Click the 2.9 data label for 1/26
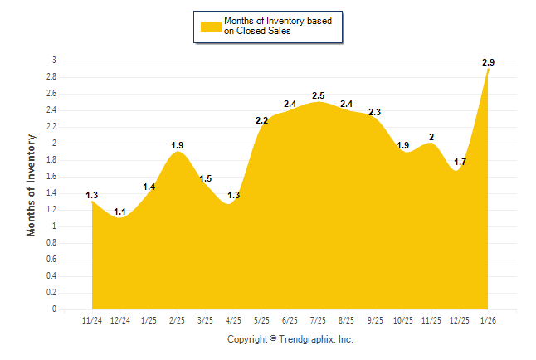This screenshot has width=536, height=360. (489, 63)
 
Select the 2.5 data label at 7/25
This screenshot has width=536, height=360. (318, 96)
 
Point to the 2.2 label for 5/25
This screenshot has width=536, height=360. (261, 121)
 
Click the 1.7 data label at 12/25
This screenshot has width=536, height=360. (460, 162)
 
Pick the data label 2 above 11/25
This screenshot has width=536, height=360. (431, 137)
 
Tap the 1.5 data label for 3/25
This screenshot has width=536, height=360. (206, 178)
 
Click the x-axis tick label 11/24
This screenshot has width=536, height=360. (92, 320)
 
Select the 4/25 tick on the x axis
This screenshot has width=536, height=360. (234, 320)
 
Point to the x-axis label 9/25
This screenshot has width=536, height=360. (375, 320)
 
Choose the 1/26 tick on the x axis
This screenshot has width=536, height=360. (489, 320)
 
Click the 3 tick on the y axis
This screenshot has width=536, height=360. (54, 61)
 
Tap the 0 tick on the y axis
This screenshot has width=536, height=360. (54, 309)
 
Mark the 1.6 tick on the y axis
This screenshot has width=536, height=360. (51, 177)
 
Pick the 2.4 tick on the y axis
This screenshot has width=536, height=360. (51, 110)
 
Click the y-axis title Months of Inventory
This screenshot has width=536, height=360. (32, 185)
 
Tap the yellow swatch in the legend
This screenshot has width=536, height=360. (211, 27)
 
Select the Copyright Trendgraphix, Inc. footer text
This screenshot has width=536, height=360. (290, 339)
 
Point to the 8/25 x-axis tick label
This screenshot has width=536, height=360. (347, 320)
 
